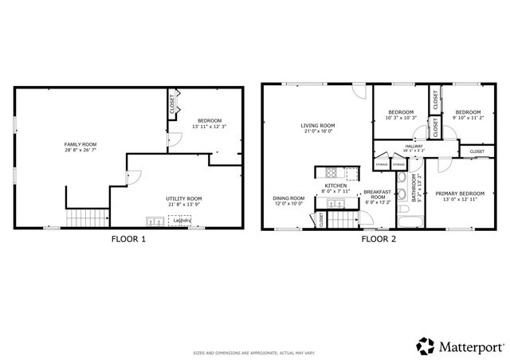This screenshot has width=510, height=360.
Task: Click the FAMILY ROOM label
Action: click(80, 144)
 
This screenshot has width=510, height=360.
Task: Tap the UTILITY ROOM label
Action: click(184, 198)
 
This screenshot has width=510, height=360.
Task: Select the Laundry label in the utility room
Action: click(182, 221)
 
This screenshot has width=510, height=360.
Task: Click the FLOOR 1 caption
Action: click(130, 238)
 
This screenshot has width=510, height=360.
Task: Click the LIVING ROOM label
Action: click(317, 125)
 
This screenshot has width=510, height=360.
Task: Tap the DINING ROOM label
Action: click(288, 198)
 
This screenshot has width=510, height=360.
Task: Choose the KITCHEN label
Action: click(335, 186)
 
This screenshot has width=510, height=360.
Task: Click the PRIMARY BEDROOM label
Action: click(460, 193)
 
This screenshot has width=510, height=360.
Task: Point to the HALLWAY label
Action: click(414, 146)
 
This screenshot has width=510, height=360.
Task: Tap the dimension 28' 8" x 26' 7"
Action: click(80, 151)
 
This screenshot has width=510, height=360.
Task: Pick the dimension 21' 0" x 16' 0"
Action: click(317, 132)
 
